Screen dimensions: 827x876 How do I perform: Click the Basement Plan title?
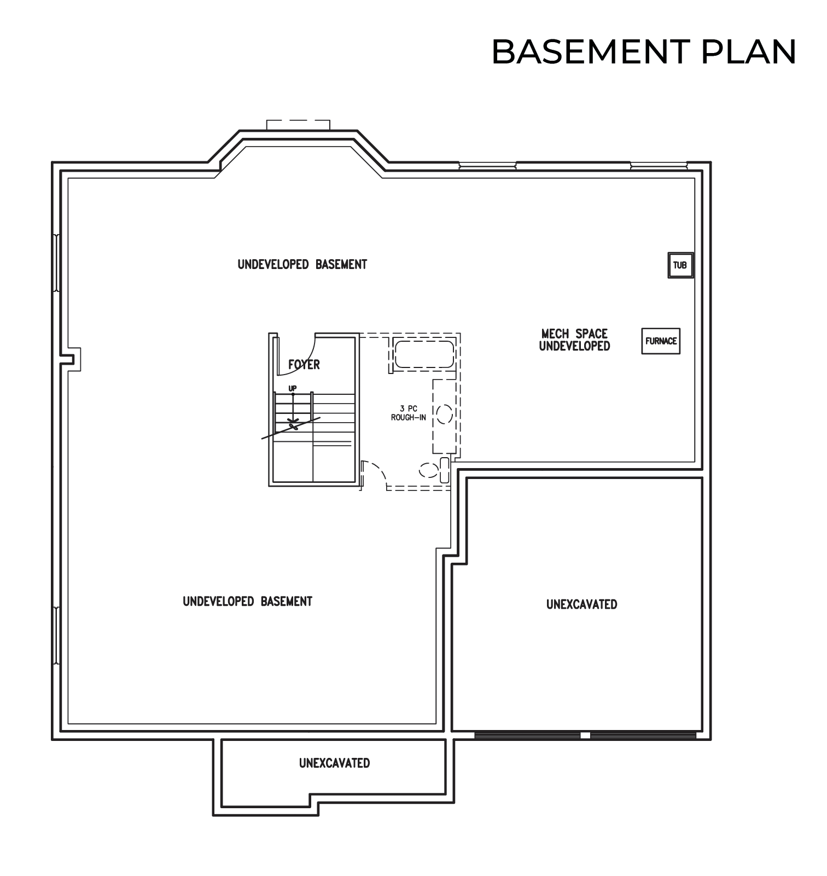tap(644, 52)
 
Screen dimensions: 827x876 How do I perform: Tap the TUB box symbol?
tap(680, 265)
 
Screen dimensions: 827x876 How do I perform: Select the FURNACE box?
tap(661, 341)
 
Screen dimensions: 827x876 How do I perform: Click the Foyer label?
tap(304, 365)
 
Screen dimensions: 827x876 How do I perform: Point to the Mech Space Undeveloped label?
tap(574, 340)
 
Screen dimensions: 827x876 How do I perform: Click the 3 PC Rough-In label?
tap(409, 413)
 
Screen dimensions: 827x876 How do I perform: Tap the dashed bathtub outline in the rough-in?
tap(424, 354)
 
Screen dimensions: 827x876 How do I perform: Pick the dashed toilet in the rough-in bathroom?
tap(435, 470)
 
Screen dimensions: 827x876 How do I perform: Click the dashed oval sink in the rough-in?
tap(444, 413)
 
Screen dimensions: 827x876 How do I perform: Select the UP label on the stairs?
tap(293, 388)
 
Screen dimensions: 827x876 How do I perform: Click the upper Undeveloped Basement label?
tap(302, 265)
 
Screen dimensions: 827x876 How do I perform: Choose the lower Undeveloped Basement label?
tap(248, 601)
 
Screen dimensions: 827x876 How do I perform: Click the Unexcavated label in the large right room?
tap(582, 604)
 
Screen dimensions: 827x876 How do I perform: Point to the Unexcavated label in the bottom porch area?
tap(335, 763)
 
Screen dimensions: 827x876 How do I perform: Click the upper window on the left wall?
tap(56, 262)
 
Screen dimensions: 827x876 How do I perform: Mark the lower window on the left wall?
tap(56, 635)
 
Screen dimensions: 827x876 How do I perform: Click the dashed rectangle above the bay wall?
tap(299, 125)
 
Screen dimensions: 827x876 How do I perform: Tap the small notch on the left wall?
tap(73, 359)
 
